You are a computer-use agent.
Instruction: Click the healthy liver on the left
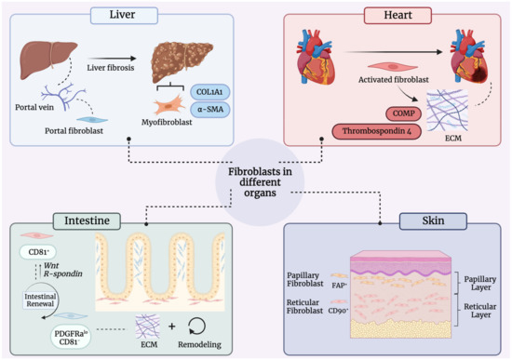click(x=45, y=61)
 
